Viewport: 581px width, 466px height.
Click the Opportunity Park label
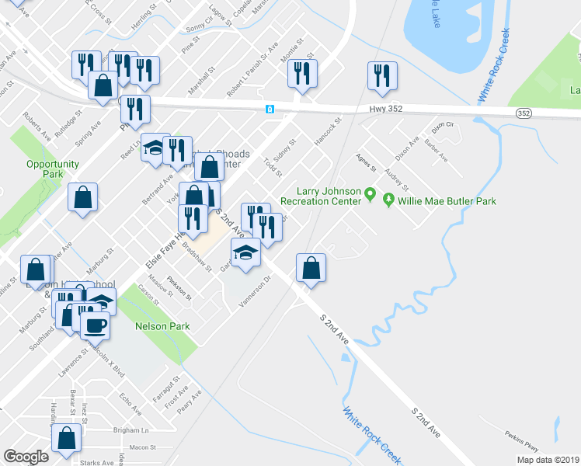click(53, 169)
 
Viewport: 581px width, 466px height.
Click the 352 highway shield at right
click(525, 113)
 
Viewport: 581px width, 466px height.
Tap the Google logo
click(26, 457)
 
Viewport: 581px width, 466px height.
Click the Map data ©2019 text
click(547, 460)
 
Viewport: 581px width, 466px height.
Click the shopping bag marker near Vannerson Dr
click(311, 269)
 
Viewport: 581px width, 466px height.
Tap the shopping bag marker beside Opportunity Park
click(82, 198)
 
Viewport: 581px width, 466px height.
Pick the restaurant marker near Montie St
click(301, 74)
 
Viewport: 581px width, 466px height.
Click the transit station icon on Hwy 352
click(269, 109)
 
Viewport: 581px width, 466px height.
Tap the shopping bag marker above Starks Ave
click(67, 440)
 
